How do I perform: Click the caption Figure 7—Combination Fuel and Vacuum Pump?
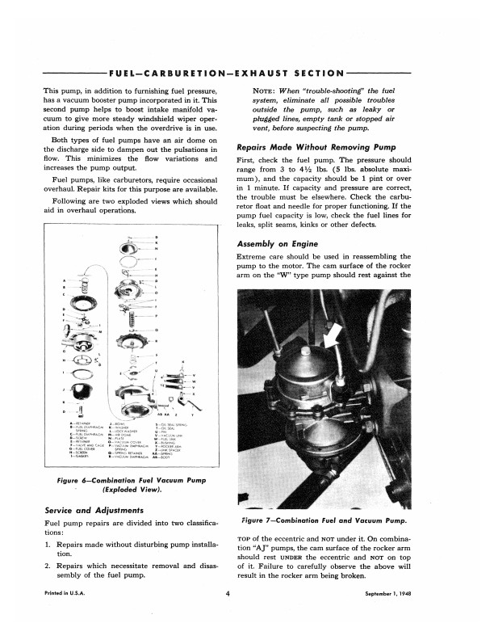coord(334,522)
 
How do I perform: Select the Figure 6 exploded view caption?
coord(129,485)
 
